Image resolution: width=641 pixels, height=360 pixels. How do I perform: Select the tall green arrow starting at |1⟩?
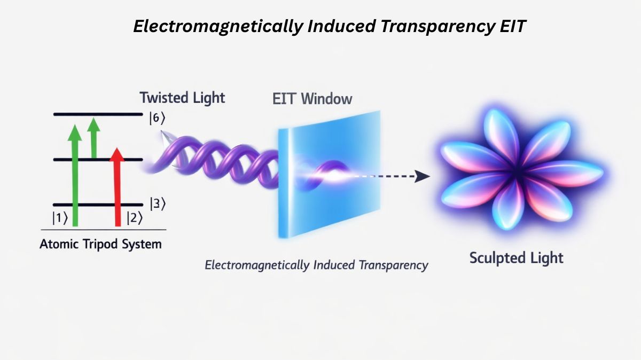pos(75,176)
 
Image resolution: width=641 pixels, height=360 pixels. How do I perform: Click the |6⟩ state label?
pos(155,119)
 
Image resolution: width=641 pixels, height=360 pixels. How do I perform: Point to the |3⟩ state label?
pos(154,204)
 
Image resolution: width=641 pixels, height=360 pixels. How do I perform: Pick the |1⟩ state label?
pos(59,218)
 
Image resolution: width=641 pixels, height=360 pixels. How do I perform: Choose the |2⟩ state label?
pos(134,218)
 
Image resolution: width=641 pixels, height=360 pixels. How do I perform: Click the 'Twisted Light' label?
pos(182,98)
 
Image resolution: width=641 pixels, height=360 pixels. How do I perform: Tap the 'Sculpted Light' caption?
pos(516,258)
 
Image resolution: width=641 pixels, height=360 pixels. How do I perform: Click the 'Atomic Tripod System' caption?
pos(100,245)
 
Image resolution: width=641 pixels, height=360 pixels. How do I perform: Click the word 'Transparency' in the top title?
pos(432,27)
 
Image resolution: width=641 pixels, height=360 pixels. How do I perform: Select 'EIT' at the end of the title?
pos(511,27)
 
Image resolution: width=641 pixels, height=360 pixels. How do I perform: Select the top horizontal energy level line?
pos(99,114)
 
